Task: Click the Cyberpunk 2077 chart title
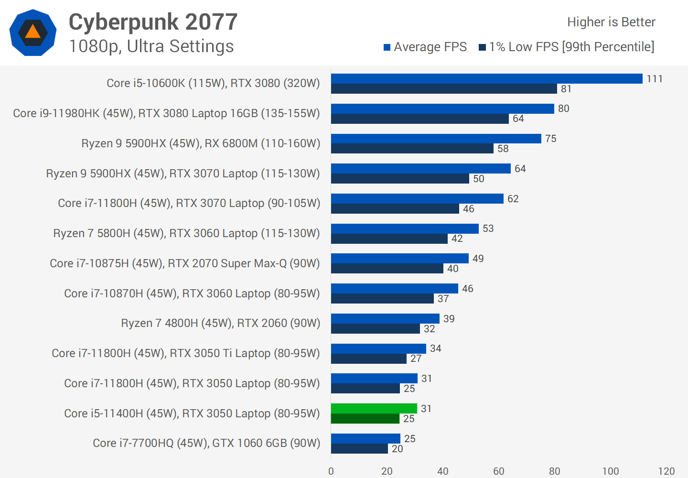click(153, 22)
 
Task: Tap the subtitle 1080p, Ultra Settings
click(151, 46)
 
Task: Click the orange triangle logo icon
click(32, 32)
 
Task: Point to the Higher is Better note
click(611, 22)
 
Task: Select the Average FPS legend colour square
click(387, 47)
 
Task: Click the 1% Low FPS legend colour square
click(482, 47)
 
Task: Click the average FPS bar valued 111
click(486, 79)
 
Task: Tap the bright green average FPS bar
click(374, 409)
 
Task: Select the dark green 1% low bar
click(365, 419)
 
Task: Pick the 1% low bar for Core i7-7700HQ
click(359, 449)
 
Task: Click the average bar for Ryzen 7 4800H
click(385, 319)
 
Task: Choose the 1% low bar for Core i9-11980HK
click(419, 119)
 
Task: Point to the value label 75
click(551, 139)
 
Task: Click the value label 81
click(566, 89)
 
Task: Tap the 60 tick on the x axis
click(499, 471)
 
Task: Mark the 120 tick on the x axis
click(666, 471)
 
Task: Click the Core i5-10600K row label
click(213, 83)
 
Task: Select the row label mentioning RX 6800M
click(201, 143)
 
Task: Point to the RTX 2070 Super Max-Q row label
click(185, 263)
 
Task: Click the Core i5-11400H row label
click(192, 413)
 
